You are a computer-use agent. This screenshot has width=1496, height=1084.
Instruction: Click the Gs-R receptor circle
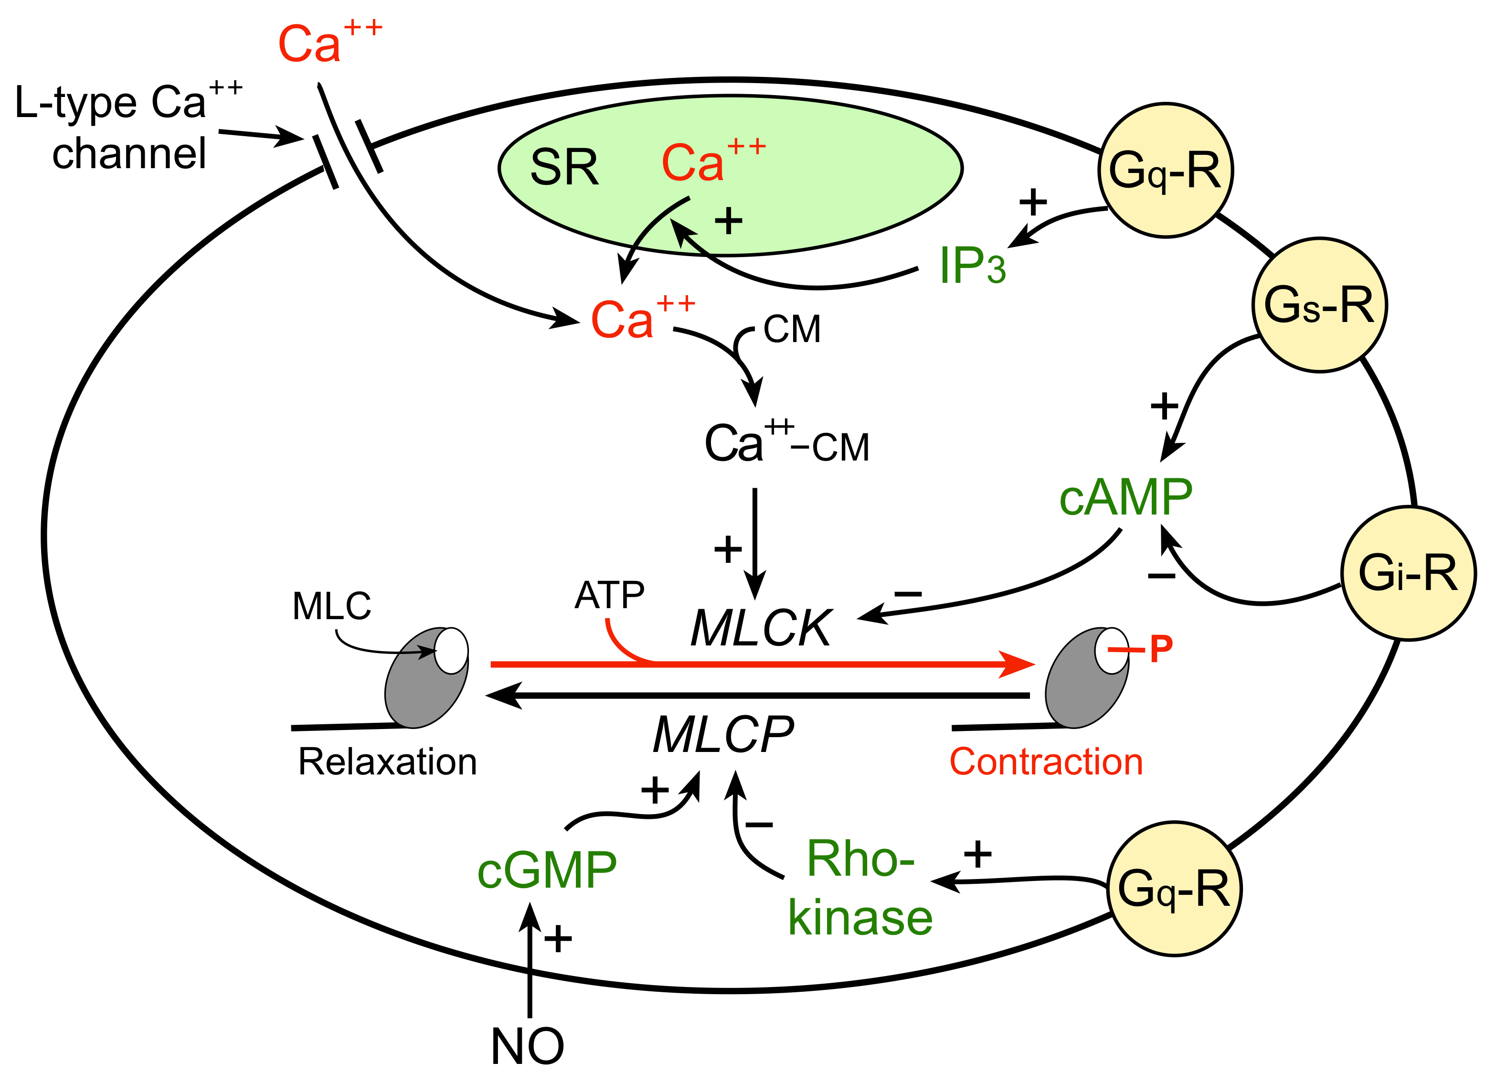click(x=1319, y=305)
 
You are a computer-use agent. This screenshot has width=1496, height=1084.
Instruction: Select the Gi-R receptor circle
click(x=1408, y=573)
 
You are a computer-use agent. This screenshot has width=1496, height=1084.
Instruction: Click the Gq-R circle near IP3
click(x=1165, y=170)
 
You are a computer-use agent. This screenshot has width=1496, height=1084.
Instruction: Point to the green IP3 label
click(x=972, y=265)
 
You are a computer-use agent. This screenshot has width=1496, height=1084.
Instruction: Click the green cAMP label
click(x=1126, y=497)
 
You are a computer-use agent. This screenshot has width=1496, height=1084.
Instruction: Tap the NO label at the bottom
click(x=528, y=1046)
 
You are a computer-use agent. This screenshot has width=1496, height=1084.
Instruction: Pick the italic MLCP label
click(x=723, y=734)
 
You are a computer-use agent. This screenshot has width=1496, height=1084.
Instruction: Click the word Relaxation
click(x=387, y=762)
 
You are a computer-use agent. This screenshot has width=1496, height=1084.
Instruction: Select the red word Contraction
click(x=1046, y=762)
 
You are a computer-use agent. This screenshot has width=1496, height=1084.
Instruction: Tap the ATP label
click(x=609, y=595)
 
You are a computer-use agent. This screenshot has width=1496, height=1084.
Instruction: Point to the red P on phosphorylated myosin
click(x=1161, y=649)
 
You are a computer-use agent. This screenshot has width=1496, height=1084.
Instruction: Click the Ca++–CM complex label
click(x=786, y=443)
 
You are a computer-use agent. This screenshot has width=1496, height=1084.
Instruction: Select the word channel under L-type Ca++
click(x=129, y=154)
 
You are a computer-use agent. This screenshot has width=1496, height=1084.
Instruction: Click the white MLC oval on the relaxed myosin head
click(x=452, y=651)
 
